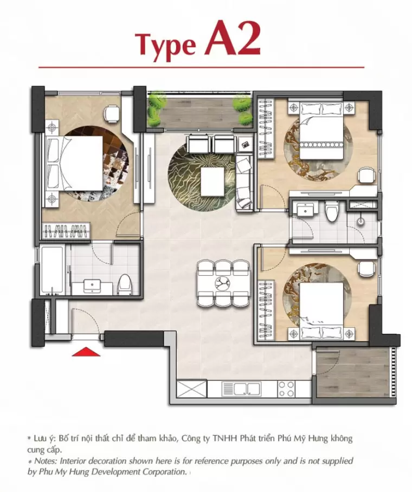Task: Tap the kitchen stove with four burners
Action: [286, 389]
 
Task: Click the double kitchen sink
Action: [241, 389]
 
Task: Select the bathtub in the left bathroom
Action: [53, 270]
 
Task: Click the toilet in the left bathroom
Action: [125, 283]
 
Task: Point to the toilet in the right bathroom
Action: [331, 211]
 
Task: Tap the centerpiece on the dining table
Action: [223, 283]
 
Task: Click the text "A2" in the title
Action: [233, 39]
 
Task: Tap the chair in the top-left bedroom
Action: [112, 114]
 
